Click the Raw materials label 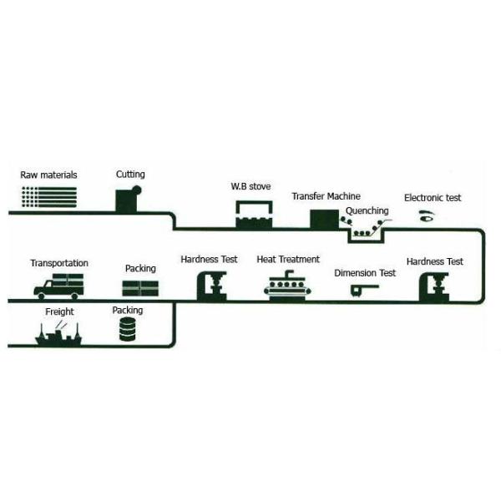[x=49, y=175]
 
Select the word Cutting [x=130, y=175]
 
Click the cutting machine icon [x=129, y=199]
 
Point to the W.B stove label [x=250, y=186]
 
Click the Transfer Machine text [x=326, y=196]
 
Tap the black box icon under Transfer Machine [x=323, y=219]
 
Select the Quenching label [x=367, y=210]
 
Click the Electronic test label [x=433, y=198]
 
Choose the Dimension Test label [x=365, y=273]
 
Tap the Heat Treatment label [x=288, y=260]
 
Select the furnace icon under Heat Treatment [x=288, y=284]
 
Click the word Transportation [x=59, y=264]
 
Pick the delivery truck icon [x=59, y=286]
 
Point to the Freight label [x=59, y=312]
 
